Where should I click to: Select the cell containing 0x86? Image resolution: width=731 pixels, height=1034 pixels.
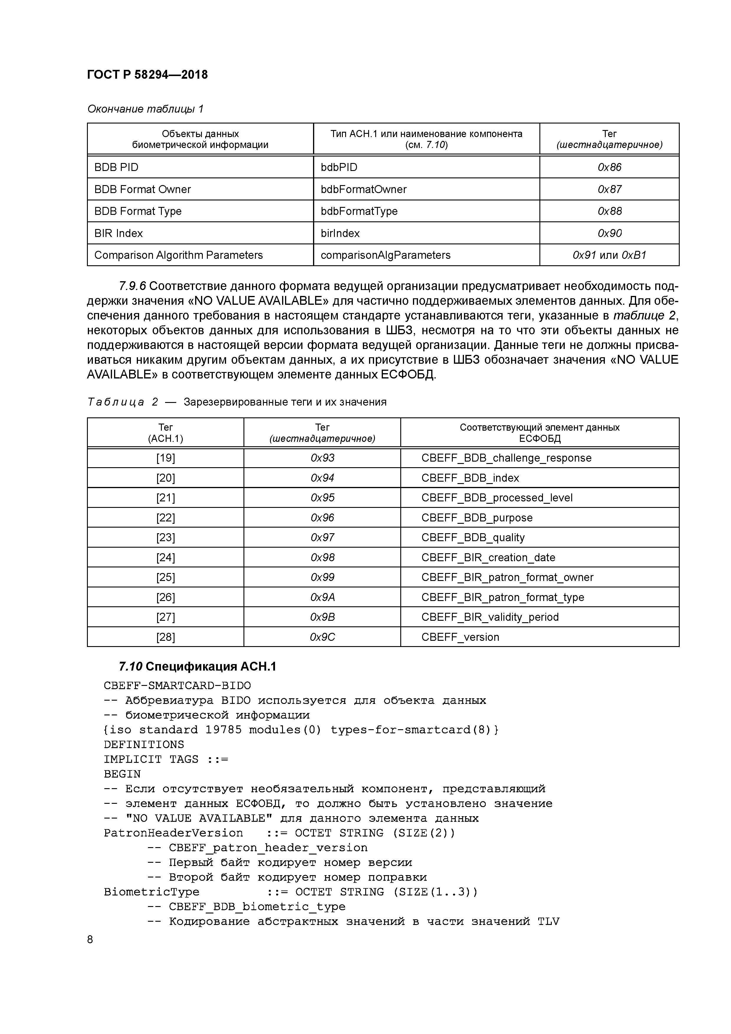click(609, 167)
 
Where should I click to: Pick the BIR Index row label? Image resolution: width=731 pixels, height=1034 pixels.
click(118, 233)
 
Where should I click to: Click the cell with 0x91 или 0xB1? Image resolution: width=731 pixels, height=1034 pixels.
click(609, 255)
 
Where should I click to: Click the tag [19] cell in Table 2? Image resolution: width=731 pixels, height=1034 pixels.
click(165, 458)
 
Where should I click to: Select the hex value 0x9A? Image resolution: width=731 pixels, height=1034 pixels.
click(322, 597)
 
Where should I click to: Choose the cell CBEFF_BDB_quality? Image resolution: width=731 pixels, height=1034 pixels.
click(473, 537)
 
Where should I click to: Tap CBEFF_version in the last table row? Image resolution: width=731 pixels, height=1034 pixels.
click(460, 637)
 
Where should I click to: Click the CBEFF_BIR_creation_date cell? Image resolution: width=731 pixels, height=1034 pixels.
click(488, 558)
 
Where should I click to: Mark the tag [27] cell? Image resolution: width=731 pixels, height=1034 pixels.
click(165, 617)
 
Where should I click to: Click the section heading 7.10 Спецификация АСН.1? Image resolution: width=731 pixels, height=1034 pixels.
click(197, 666)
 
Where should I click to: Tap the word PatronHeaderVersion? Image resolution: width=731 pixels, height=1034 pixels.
click(173, 833)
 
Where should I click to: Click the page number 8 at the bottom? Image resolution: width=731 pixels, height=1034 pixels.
click(90, 939)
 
